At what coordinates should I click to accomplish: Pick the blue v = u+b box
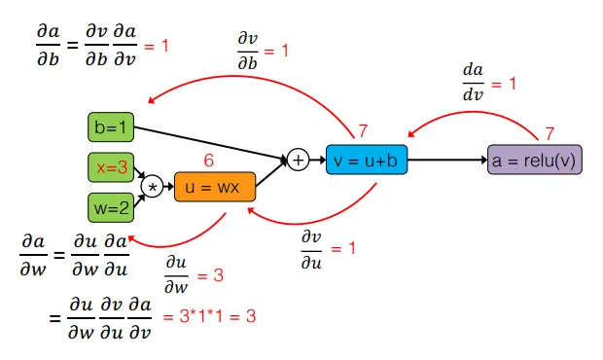[366, 160]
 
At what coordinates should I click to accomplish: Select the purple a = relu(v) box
[534, 160]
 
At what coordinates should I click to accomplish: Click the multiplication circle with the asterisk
[151, 186]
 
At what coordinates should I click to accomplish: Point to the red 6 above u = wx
[207, 160]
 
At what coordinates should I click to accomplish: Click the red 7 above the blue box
[363, 130]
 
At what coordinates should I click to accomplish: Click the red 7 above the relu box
[550, 131]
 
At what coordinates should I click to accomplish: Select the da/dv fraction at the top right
[474, 84]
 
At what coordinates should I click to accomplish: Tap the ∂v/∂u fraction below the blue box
[312, 248]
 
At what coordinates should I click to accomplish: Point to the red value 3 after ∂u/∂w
[218, 276]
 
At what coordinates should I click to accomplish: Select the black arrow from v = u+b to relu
[446, 160]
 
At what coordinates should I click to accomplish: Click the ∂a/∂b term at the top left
[47, 45]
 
